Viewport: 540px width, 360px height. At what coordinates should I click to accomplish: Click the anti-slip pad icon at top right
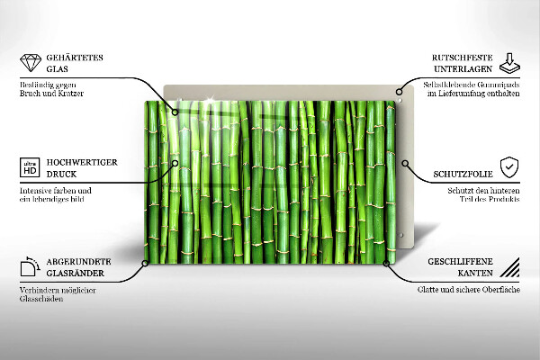point(510,63)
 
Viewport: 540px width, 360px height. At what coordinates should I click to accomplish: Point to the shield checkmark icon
point(510,166)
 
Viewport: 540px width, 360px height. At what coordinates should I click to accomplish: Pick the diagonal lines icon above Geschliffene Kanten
point(510,267)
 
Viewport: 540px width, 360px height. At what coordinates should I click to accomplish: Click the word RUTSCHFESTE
point(454,57)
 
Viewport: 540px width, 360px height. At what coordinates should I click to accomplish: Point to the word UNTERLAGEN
point(456,68)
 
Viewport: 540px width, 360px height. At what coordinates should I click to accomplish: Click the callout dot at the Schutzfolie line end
point(406,165)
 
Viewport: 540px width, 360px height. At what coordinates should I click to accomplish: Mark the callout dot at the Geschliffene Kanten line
point(388,263)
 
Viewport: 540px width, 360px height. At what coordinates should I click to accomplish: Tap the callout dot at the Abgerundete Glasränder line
point(145,263)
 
